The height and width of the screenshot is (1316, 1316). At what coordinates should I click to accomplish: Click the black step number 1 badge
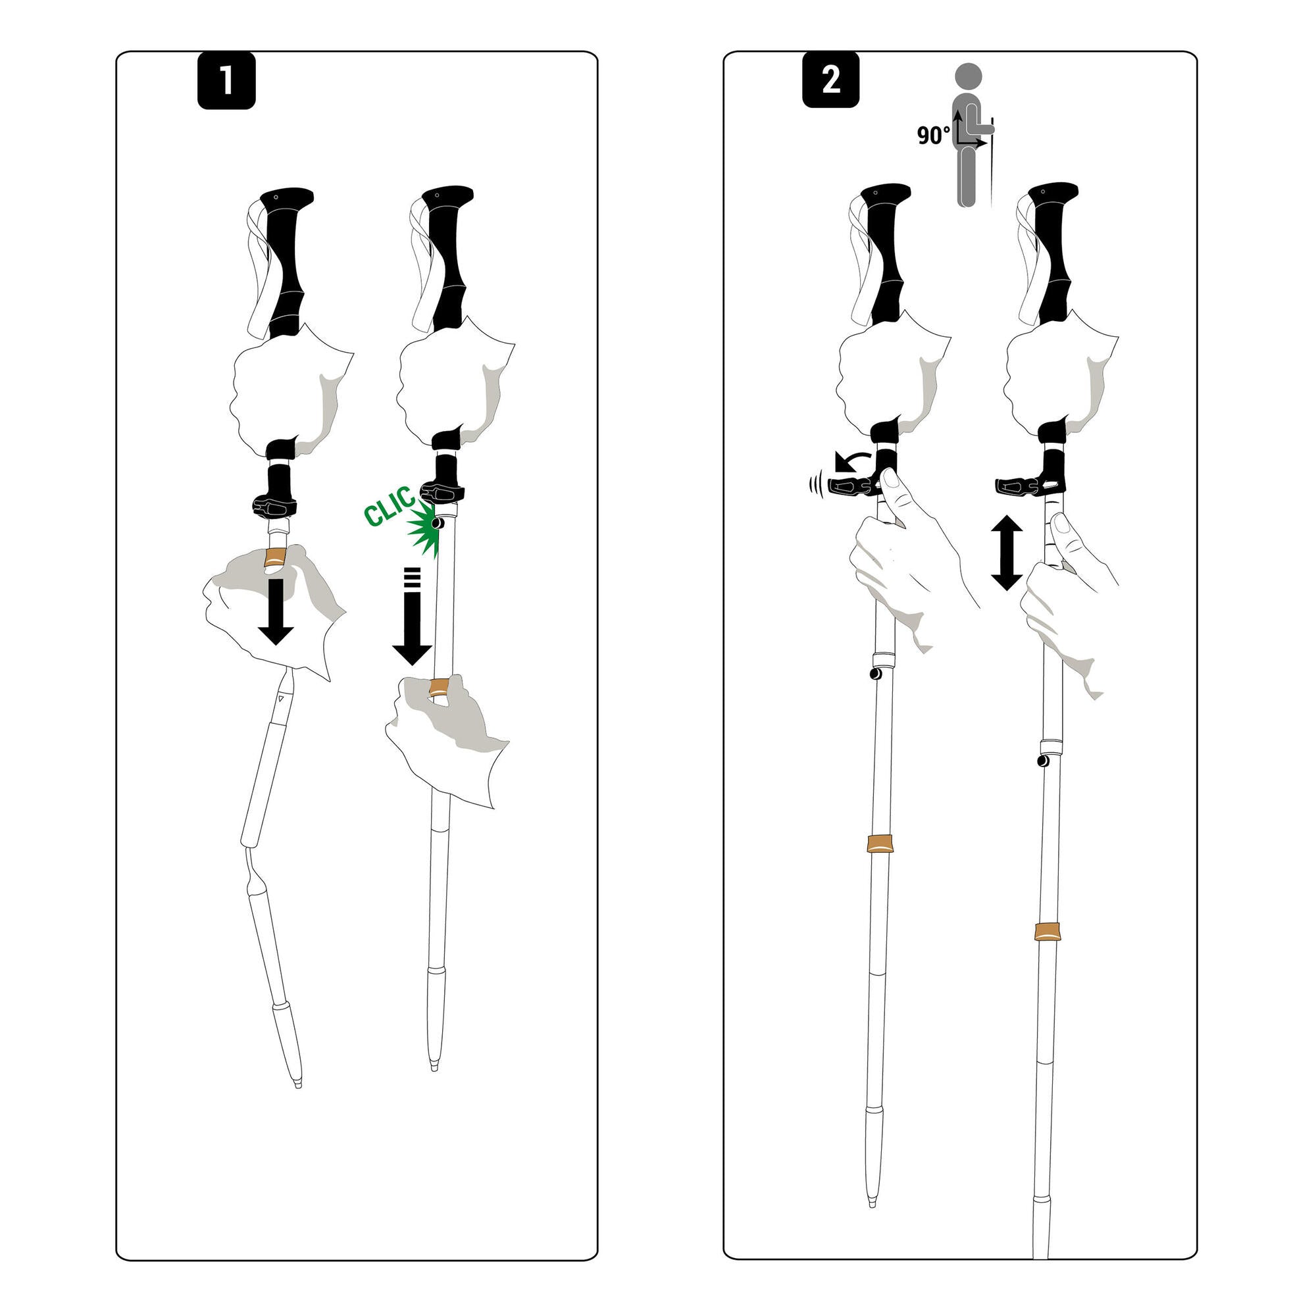tap(226, 81)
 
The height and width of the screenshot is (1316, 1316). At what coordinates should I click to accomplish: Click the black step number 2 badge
tap(830, 80)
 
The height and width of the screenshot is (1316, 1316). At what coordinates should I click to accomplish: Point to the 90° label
tap(932, 136)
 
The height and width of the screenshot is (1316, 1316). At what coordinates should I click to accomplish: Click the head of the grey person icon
tap(968, 76)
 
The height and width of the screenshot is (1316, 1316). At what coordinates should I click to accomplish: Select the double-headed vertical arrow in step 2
tap(1007, 552)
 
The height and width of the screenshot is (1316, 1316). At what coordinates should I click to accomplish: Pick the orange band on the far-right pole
tap(1047, 932)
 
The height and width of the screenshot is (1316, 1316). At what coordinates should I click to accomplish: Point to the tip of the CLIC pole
tap(434, 1066)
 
